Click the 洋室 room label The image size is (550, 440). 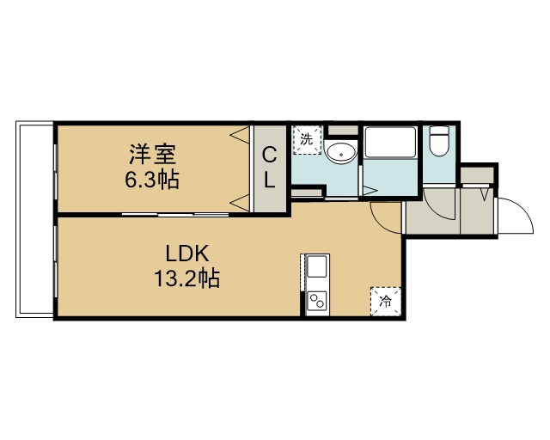[x=153, y=155]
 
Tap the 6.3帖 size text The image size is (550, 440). [x=152, y=180]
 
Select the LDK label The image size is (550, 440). [x=187, y=254]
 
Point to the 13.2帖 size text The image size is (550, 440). [x=187, y=278]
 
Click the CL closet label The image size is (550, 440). [x=269, y=168]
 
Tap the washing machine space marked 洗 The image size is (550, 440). [x=307, y=140]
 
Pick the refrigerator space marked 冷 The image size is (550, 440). [x=386, y=301]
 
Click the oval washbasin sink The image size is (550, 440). [x=340, y=153]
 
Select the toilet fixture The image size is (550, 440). [x=439, y=141]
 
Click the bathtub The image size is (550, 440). [x=390, y=143]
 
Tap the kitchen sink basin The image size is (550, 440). [x=317, y=266]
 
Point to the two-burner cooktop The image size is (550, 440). [x=316, y=301]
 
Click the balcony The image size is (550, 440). [x=34, y=219]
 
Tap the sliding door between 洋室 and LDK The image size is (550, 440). [x=175, y=214]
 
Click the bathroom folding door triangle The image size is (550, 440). [x=370, y=191]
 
